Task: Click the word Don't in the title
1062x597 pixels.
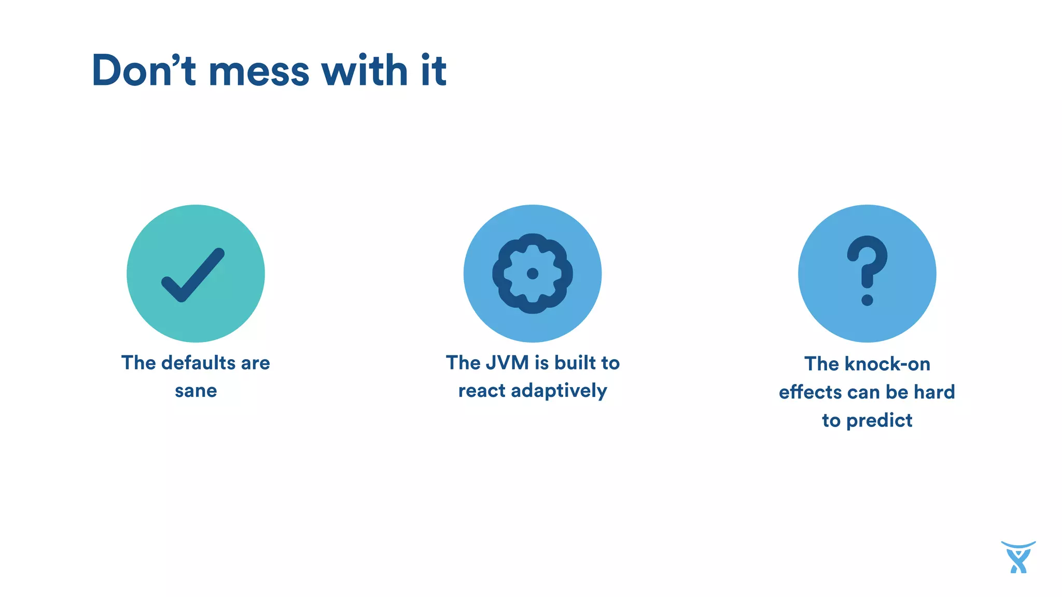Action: coord(143,70)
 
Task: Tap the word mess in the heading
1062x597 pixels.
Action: coord(259,72)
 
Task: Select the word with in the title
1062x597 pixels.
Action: coord(365,70)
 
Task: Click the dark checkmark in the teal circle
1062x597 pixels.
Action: coord(193,275)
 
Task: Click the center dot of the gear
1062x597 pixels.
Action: coord(533,274)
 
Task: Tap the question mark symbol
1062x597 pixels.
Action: coord(867,262)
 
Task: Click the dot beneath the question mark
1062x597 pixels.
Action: coord(867,300)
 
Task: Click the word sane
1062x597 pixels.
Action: coord(195,391)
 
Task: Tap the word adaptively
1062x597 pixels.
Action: coord(558,391)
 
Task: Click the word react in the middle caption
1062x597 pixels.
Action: coord(481,391)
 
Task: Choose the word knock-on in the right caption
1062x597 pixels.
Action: coord(887,364)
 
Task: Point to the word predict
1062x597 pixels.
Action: coord(879,420)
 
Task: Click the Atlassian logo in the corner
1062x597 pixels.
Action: coord(1018,557)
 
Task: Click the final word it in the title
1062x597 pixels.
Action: coord(434,70)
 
